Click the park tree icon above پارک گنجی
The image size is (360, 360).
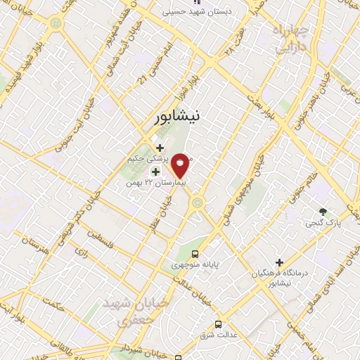[x=323, y=211]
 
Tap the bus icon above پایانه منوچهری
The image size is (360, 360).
[x=195, y=254]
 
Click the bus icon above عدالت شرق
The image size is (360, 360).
[x=219, y=324]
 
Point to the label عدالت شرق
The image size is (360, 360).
[x=219, y=335]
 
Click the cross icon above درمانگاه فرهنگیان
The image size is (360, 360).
[x=280, y=262]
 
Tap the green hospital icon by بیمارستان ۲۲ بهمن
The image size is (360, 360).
[x=155, y=172]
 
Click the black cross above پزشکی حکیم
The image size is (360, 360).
[x=160, y=148]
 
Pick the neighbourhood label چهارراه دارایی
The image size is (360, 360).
[x=285, y=40]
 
